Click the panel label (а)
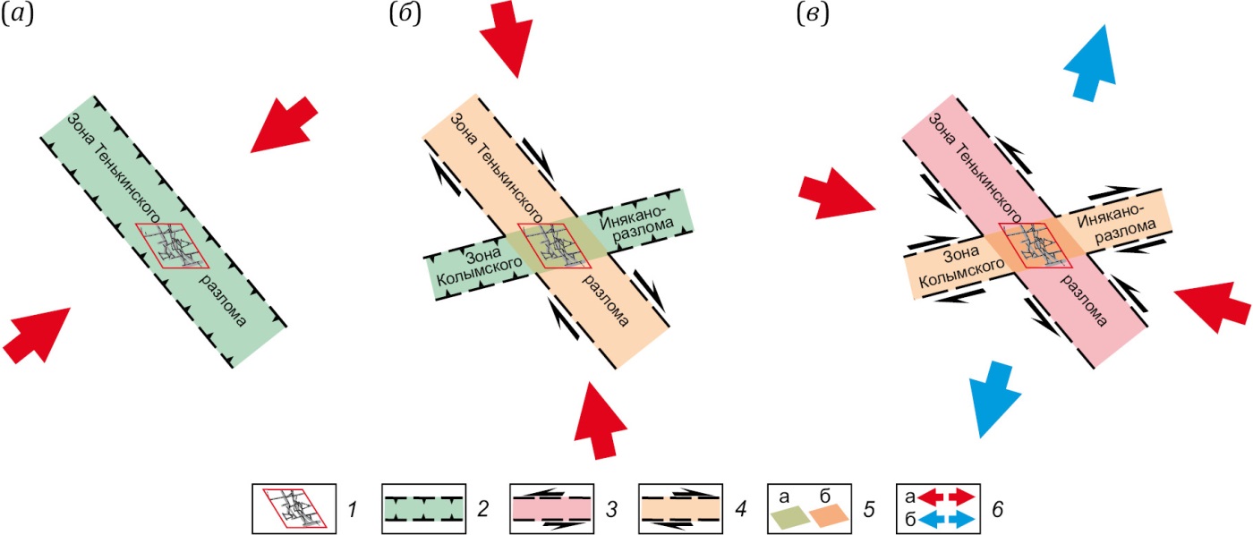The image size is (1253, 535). (x=18, y=16)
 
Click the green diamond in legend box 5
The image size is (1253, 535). (x=792, y=515)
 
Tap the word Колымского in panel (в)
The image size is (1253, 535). (x=957, y=270)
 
